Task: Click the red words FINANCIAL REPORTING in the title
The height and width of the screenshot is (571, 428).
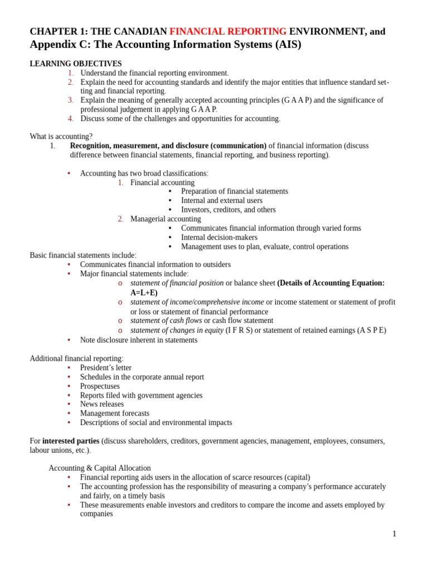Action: pos(228,32)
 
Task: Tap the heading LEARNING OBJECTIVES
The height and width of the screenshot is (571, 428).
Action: pos(76,64)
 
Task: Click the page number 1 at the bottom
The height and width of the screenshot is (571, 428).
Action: pos(394,534)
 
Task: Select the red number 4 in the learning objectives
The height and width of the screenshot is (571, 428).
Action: pos(71,119)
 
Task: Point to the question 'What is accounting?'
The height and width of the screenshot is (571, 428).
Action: pos(61,137)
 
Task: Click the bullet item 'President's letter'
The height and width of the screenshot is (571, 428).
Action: pos(106,368)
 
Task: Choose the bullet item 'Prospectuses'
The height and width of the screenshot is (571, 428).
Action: pos(100,386)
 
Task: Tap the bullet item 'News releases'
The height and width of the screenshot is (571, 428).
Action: pos(102,404)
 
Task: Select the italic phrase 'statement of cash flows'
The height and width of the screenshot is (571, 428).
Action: pos(166,321)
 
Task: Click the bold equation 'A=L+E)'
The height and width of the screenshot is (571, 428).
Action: pos(144,293)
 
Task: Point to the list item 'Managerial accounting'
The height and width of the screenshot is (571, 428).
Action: pos(166,219)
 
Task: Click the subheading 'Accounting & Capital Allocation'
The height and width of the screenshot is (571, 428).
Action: pos(100,468)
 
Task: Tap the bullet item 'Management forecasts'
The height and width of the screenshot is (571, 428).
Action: pos(115,414)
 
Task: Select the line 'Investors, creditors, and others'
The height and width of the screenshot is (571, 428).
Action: pos(228,210)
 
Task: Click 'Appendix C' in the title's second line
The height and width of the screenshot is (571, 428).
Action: pos(56,45)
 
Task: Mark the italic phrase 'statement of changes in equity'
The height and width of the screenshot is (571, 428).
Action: pos(177,330)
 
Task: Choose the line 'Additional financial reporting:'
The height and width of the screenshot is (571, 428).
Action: pos(76,359)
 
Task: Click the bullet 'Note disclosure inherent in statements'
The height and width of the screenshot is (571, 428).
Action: pos(139,340)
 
